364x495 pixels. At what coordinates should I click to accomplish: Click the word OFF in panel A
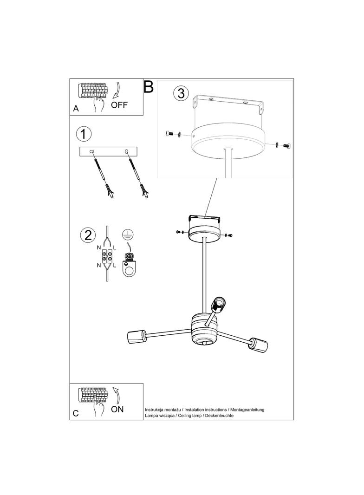coord(119,105)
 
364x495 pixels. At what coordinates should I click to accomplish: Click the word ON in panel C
coord(117,409)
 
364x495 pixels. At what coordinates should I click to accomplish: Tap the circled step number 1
coord(84,135)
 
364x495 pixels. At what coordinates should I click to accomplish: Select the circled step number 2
coord(87,235)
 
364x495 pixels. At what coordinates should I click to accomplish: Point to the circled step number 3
coord(181,93)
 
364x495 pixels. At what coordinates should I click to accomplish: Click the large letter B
coord(149,87)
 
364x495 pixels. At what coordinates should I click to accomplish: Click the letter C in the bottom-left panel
coord(76,414)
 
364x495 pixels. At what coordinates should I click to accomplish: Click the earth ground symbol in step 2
coord(127,234)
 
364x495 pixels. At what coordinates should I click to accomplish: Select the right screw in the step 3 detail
coord(286,146)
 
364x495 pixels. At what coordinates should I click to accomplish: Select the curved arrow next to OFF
coord(117,90)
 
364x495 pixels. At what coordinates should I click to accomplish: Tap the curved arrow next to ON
coord(117,395)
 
